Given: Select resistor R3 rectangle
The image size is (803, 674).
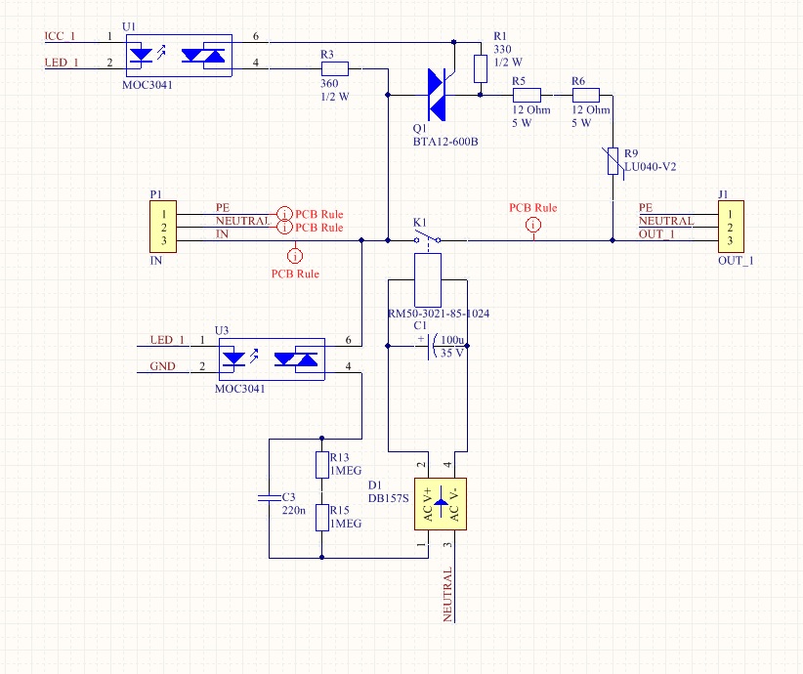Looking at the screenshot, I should click(334, 69).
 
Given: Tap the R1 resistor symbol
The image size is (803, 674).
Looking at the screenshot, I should click(480, 69).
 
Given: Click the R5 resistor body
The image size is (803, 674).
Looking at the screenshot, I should click(528, 95).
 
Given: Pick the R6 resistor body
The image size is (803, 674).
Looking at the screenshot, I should click(584, 95).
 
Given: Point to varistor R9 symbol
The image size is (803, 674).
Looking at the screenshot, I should click(613, 161).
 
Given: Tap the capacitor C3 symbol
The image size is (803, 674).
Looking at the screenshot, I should click(269, 498).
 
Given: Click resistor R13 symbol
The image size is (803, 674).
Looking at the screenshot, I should click(321, 464).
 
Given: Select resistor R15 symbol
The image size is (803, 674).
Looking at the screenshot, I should click(321, 517).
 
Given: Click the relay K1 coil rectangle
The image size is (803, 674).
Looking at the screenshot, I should click(428, 280).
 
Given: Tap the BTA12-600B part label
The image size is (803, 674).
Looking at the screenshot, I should click(445, 142).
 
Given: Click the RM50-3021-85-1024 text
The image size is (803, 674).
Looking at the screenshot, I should click(439, 314).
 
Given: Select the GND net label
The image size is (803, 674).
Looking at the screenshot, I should click(162, 367).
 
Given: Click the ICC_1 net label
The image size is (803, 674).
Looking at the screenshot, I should click(60, 36).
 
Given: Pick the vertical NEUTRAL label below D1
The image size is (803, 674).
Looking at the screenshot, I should click(448, 594).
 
